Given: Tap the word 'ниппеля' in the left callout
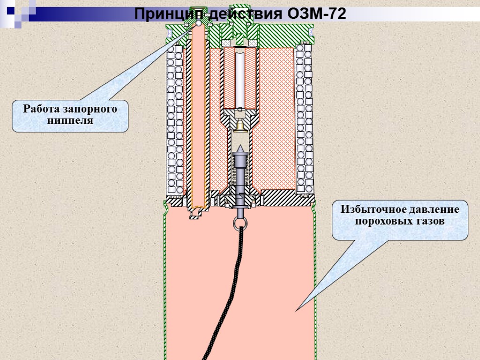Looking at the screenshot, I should coord(70,120).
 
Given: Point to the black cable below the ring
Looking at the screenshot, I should coord(225,291).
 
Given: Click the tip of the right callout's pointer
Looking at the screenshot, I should coord(296,311).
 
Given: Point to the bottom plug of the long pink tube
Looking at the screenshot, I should coord(197,213).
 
